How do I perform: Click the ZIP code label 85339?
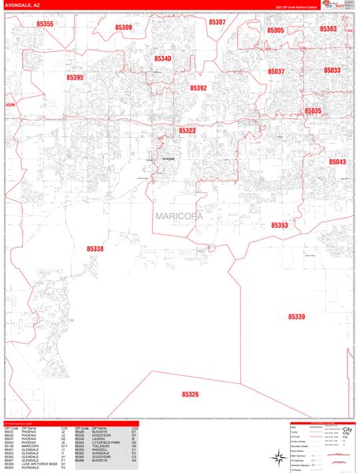click(296, 316)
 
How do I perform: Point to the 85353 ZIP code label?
click(280, 225)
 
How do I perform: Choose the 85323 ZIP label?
click(187, 131)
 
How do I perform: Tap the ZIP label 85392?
click(198, 88)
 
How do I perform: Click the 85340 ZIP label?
click(162, 58)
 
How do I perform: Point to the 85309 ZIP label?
click(123, 28)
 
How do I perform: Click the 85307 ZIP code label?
click(217, 23)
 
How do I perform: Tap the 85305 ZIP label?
click(276, 30)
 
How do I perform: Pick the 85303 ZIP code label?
click(328, 28)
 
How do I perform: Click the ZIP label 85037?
click(276, 71)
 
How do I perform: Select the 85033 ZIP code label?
click(332, 70)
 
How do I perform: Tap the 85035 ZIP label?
click(313, 111)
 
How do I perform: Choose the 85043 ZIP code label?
click(337, 161)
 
